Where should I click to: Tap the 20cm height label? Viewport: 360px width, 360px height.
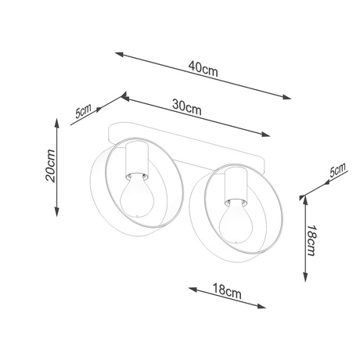49,165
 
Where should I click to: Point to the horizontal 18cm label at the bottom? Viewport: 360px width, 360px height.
226,290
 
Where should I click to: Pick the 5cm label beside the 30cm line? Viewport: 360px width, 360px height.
82,111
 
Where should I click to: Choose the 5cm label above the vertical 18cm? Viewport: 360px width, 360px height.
337,172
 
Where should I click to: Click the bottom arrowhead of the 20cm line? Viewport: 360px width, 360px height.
58,212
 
